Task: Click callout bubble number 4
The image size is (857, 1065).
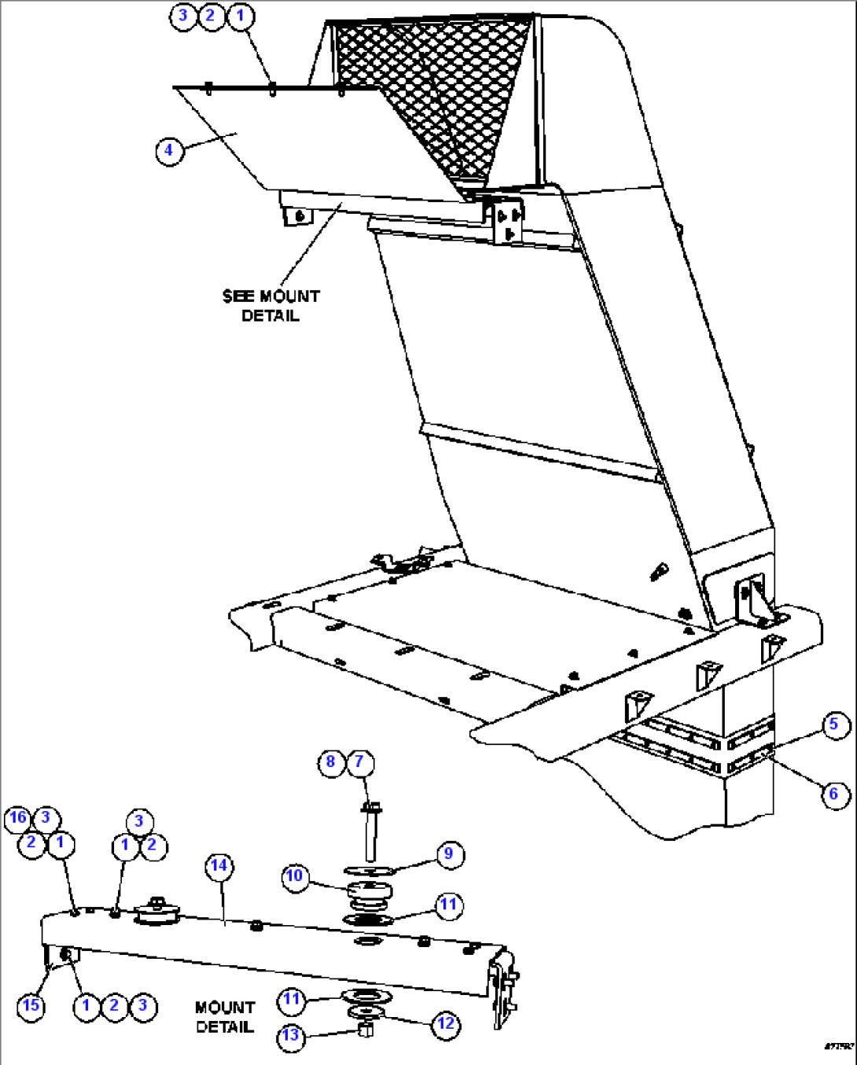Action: pyautogui.click(x=169, y=150)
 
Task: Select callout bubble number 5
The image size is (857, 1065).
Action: pyautogui.click(x=834, y=724)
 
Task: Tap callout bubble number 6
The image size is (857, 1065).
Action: pyautogui.click(x=834, y=794)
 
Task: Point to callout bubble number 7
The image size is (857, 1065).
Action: pyautogui.click(x=360, y=762)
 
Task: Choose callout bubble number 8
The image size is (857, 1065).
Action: pyautogui.click(x=331, y=762)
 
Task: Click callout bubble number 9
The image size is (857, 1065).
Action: pyautogui.click(x=449, y=854)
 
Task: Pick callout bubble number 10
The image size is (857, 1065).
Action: pyautogui.click(x=295, y=876)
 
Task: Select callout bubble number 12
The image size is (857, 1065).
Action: pyautogui.click(x=446, y=1023)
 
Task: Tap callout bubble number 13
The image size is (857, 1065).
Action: pyautogui.click(x=291, y=1035)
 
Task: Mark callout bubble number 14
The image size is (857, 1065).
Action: pyautogui.click(x=219, y=866)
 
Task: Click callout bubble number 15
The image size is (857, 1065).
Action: pyautogui.click(x=31, y=1005)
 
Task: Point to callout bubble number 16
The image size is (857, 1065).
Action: pyautogui.click(x=17, y=818)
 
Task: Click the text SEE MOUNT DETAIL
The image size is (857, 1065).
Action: pyautogui.click(x=270, y=306)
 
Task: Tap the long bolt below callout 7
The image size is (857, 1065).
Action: pyautogui.click(x=370, y=837)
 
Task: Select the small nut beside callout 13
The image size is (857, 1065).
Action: pyautogui.click(x=365, y=1030)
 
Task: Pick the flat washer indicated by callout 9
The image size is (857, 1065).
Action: pyautogui.click(x=370, y=870)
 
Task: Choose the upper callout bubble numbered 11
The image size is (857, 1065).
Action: pyautogui.click(x=448, y=904)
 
